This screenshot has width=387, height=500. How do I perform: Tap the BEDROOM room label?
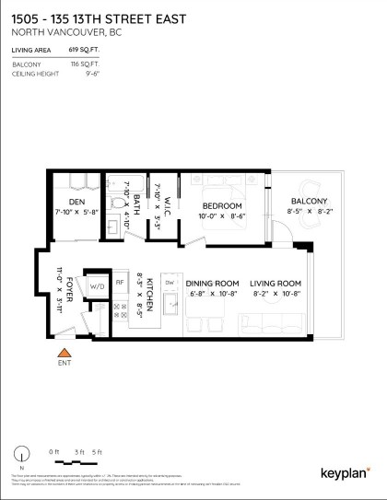click(x=222, y=205)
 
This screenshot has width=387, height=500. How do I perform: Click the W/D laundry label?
click(x=97, y=285)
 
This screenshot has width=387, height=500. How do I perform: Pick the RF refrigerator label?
click(x=120, y=283)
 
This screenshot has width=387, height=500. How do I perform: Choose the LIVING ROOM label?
click(x=276, y=283)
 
